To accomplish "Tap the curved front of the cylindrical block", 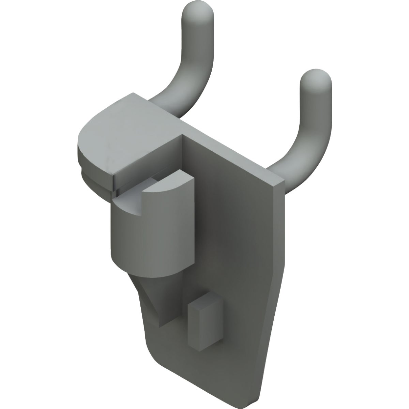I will pos(143,235).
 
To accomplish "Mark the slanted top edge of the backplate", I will pos(232,155).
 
